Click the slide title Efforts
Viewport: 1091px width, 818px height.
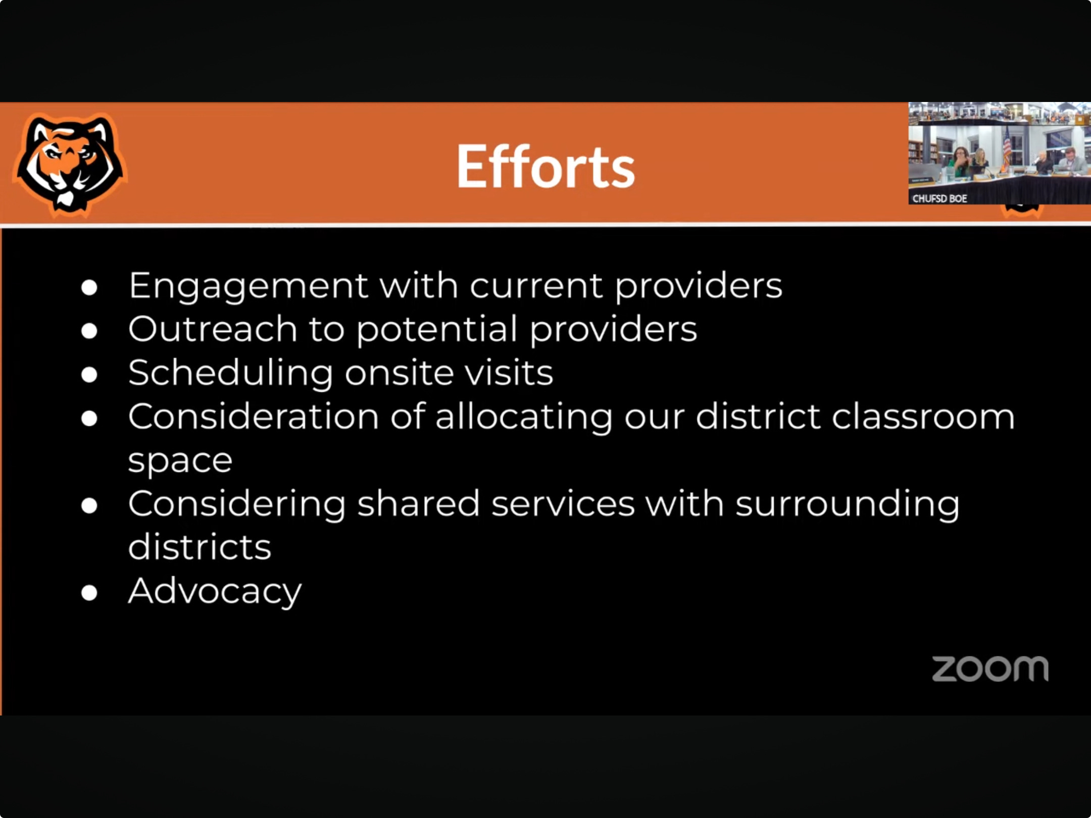545,166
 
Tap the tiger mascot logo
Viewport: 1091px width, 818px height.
70,165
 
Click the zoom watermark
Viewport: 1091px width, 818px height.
990,669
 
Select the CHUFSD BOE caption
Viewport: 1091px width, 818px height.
939,198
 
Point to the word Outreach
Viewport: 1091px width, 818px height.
213,329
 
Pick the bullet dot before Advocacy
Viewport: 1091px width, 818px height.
89,592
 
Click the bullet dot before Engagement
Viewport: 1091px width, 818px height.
89,287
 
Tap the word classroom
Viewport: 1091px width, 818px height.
923,417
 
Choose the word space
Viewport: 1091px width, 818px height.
180,462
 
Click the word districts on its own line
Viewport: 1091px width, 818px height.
200,547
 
